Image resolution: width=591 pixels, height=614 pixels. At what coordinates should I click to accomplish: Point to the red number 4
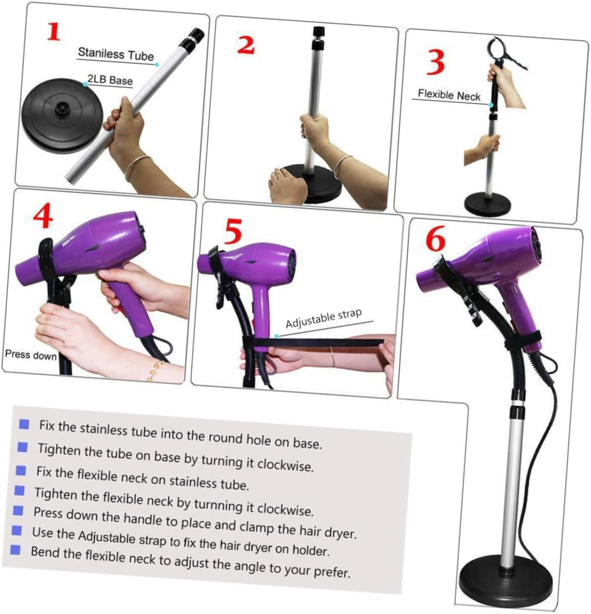point(43,216)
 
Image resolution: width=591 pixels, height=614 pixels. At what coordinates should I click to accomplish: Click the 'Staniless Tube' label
point(115,54)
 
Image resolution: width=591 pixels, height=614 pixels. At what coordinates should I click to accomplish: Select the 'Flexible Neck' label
point(448,95)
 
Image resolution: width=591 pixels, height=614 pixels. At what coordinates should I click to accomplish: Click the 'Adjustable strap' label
point(323,319)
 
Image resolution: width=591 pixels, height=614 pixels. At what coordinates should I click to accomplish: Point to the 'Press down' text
point(31,355)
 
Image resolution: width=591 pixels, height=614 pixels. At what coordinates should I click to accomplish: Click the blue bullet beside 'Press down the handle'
point(18,510)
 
